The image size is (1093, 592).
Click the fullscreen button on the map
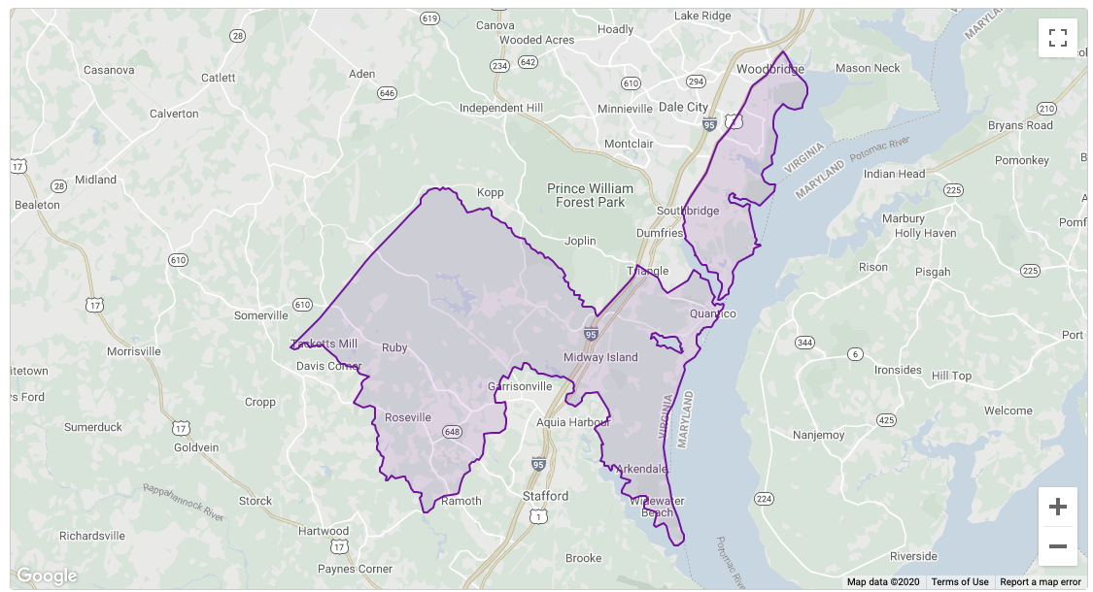point(1058,38)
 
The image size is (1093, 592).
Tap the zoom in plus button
point(1058,507)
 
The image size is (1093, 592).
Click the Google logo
point(47,576)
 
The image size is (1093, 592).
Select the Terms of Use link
point(960,582)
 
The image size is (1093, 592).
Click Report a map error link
point(1041,582)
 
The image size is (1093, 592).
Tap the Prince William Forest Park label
point(590,195)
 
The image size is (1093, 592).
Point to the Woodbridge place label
point(770,70)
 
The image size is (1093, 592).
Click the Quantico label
point(713,313)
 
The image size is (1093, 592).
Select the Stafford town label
point(545,496)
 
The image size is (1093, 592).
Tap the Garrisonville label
point(520,386)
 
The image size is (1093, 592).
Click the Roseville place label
point(408,417)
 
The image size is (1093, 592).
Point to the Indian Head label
point(895,174)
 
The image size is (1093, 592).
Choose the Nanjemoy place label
point(819,435)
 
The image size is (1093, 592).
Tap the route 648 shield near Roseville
point(451,432)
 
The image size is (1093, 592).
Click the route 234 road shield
point(500,66)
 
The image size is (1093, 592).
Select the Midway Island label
point(601,357)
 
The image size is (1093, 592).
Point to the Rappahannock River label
point(184,503)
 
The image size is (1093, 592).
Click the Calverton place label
point(174,114)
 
